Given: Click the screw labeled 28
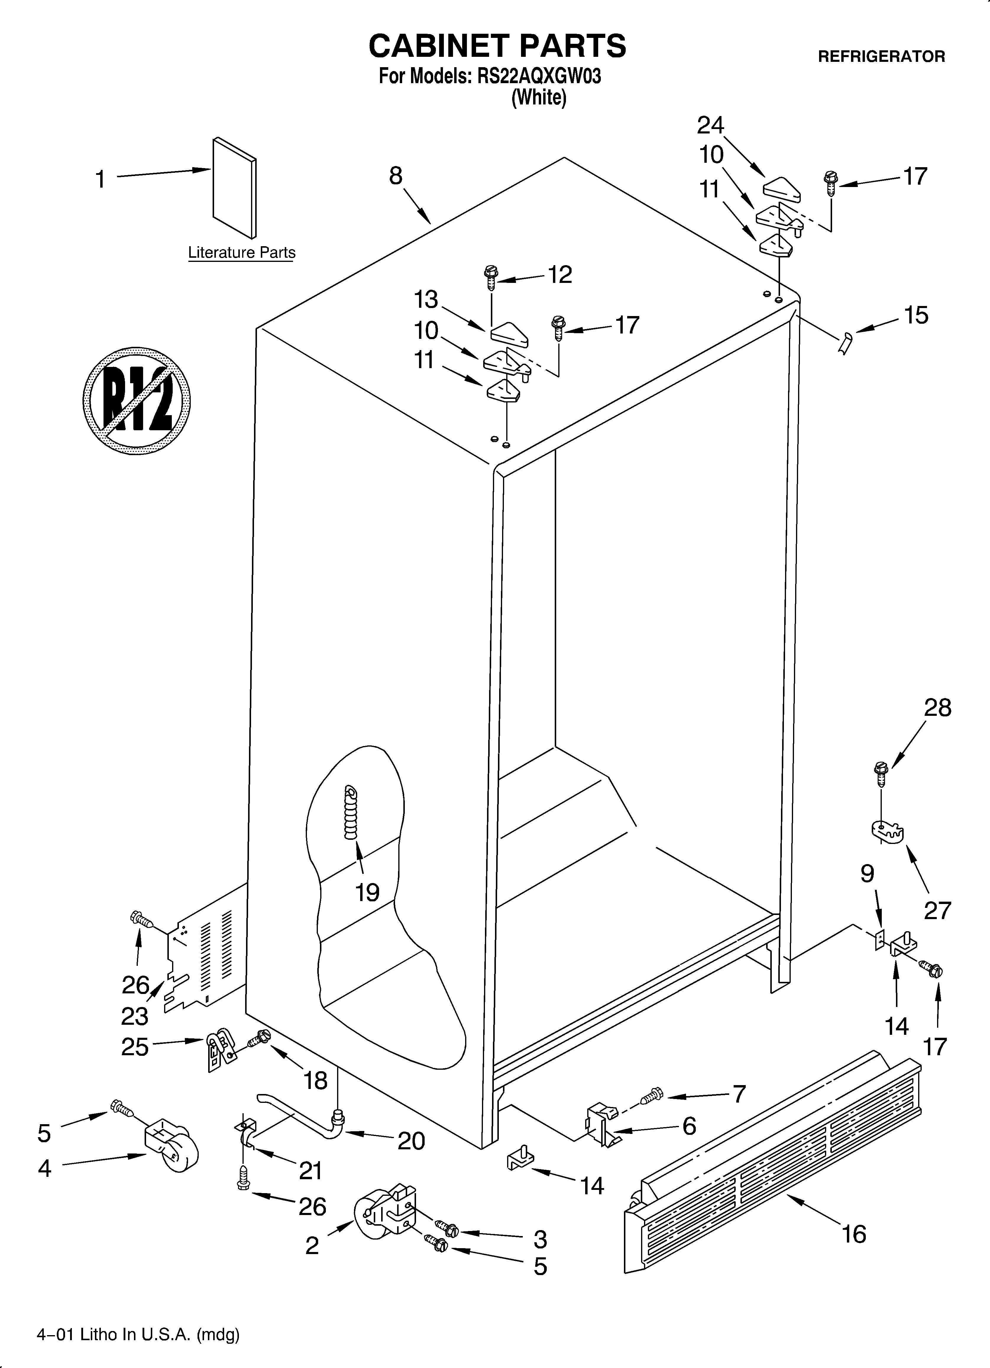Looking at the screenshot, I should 881,774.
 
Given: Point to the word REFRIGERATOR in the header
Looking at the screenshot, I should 881,57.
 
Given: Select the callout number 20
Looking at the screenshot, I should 411,1141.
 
